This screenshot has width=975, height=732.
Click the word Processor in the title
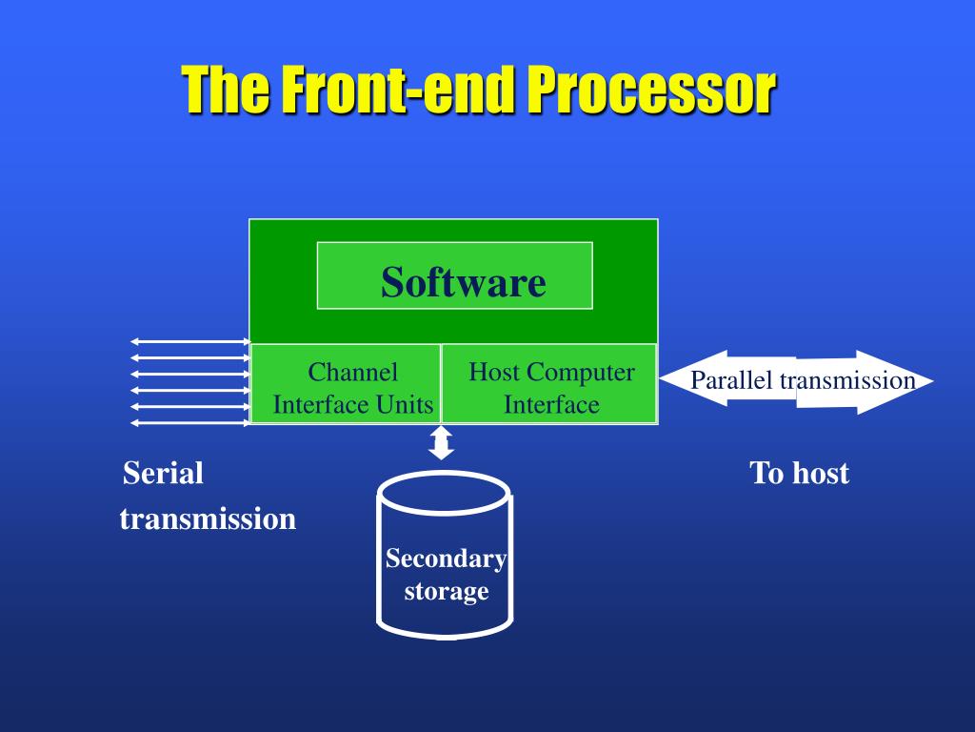[x=651, y=91]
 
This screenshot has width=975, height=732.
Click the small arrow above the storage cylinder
[x=441, y=442]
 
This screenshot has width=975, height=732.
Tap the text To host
[x=799, y=473]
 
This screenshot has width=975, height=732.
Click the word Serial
[x=164, y=473]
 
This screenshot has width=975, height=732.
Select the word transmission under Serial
[x=208, y=519]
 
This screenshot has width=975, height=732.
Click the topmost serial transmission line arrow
[x=189, y=341]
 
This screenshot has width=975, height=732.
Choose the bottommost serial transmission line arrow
[x=189, y=422]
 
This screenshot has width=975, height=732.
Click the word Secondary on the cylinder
[x=445, y=559]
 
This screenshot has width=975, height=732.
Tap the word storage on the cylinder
[x=446, y=591]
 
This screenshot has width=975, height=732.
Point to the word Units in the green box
[x=405, y=405]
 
